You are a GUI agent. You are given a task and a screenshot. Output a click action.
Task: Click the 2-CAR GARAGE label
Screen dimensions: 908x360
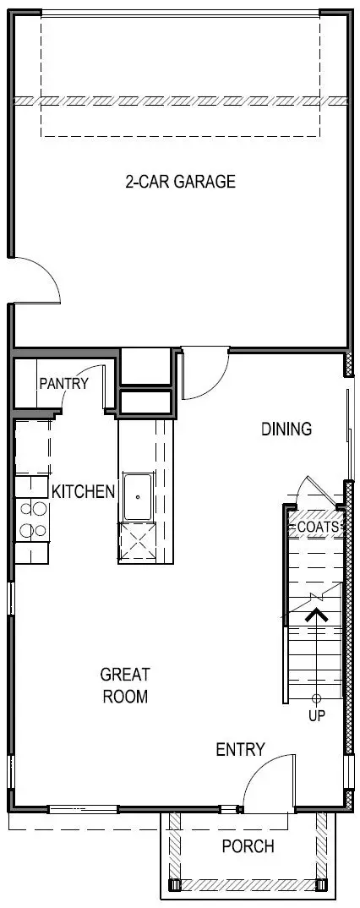[x=179, y=182]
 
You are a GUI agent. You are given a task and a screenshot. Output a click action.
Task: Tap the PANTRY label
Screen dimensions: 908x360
[x=63, y=384]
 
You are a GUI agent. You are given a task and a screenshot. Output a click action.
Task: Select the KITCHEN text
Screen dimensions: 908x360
[x=83, y=491]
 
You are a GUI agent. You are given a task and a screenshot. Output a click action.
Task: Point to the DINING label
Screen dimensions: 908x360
[x=286, y=429]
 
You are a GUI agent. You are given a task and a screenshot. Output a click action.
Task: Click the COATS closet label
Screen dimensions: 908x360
[x=318, y=527]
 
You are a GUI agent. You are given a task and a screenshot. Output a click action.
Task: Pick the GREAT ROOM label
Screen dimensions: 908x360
[x=125, y=686]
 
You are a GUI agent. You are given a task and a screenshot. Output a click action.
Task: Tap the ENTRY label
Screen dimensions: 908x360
[x=240, y=750]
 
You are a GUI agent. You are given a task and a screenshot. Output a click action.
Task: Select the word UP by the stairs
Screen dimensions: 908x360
[x=317, y=716]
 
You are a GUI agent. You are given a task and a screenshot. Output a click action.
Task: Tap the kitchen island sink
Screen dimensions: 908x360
[x=137, y=497]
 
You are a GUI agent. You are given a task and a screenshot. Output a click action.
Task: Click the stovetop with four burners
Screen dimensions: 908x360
[x=33, y=519]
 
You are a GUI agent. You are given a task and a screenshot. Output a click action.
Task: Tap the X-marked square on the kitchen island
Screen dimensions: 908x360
[x=137, y=542]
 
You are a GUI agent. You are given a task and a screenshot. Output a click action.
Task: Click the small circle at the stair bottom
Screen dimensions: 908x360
[x=317, y=699]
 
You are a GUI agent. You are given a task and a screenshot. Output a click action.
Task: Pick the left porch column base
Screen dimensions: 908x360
[x=177, y=885]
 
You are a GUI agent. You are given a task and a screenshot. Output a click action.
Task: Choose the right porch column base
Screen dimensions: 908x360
[x=321, y=885]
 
